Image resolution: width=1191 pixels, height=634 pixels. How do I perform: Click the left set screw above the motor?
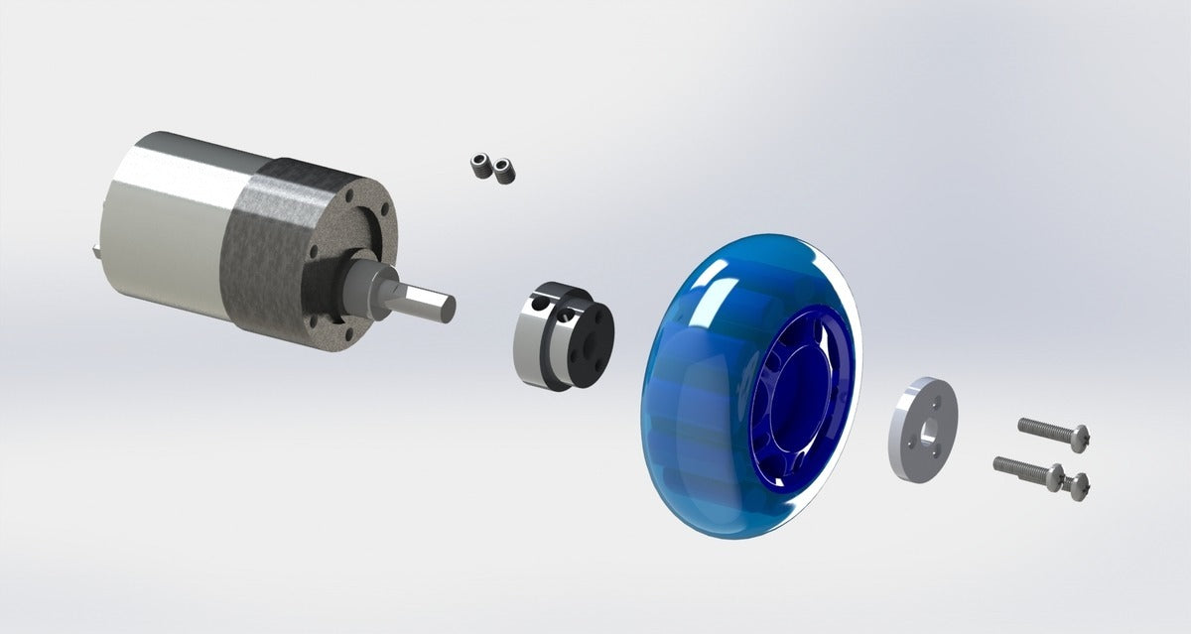pyautogui.click(x=482, y=165)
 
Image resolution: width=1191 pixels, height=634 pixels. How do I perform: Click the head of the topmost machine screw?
pyautogui.click(x=1080, y=434)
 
